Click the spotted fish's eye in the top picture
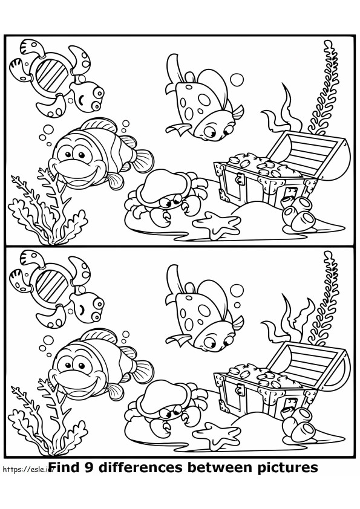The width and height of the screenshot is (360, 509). (x=211, y=128)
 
